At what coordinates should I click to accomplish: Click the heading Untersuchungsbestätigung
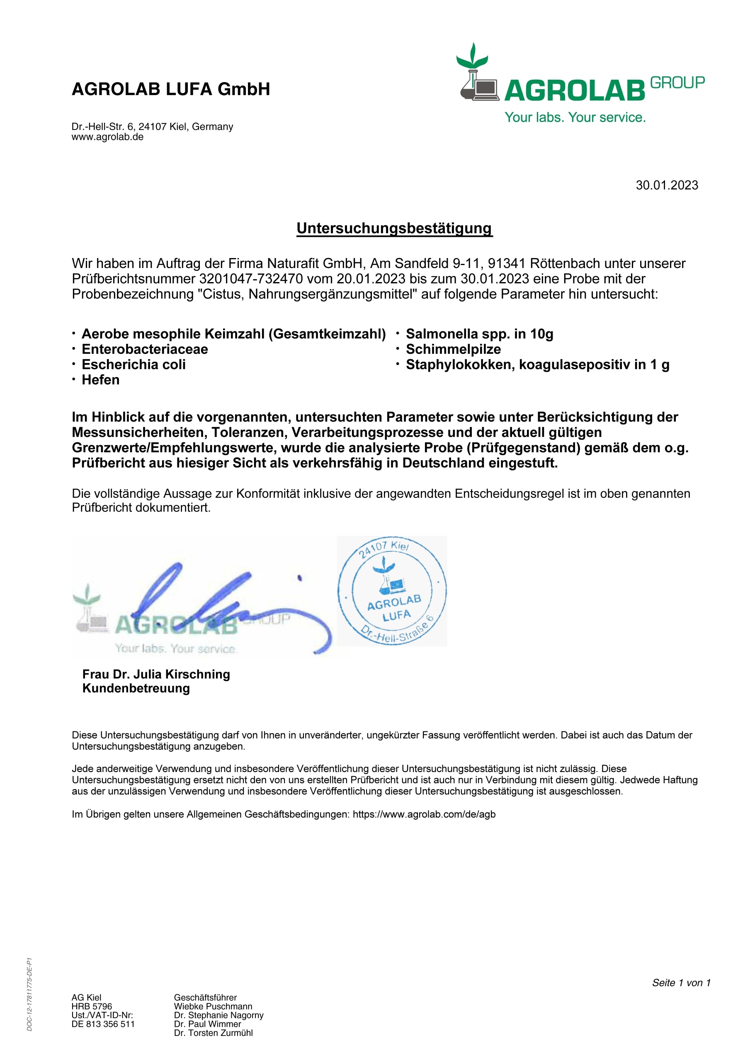394,229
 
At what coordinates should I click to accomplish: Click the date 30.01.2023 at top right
666,185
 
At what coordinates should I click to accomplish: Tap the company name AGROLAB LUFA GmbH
171,89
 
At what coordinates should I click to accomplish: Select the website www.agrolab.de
107,137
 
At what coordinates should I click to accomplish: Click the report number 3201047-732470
250,279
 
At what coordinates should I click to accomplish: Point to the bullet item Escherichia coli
133,365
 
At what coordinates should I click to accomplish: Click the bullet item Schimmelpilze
453,349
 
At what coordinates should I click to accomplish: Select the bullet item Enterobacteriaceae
145,349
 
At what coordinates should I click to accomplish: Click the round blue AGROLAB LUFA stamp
392,591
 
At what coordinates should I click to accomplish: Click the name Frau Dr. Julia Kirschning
156,675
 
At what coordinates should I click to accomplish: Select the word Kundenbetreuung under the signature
136,688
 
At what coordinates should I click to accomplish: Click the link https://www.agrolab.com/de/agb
424,814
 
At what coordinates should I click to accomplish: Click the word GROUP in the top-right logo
677,83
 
